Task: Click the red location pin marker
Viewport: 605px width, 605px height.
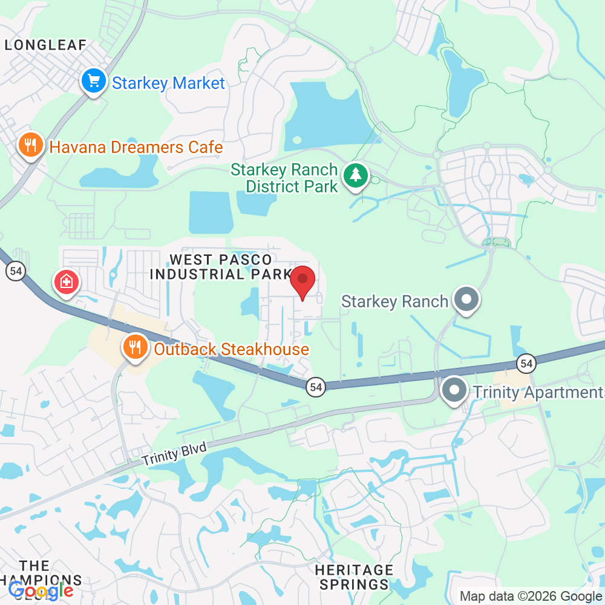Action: [x=303, y=281]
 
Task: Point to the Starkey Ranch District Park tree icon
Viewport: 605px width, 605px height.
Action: [x=356, y=176]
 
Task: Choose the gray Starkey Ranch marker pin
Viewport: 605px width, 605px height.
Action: [x=466, y=299]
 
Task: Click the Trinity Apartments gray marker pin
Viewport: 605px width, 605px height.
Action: [x=454, y=391]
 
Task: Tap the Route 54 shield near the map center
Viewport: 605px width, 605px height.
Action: [x=316, y=387]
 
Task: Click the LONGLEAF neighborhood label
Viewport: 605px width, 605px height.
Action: [x=46, y=45]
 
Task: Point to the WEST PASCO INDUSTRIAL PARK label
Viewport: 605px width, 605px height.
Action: [x=221, y=267]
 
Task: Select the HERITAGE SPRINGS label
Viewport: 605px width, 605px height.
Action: [x=355, y=577]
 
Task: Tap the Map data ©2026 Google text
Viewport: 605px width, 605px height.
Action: [x=530, y=596]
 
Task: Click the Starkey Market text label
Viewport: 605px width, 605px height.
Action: [x=168, y=83]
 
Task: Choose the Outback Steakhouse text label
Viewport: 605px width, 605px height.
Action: [x=231, y=349]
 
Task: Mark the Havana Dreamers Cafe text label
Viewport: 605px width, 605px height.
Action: [x=136, y=147]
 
